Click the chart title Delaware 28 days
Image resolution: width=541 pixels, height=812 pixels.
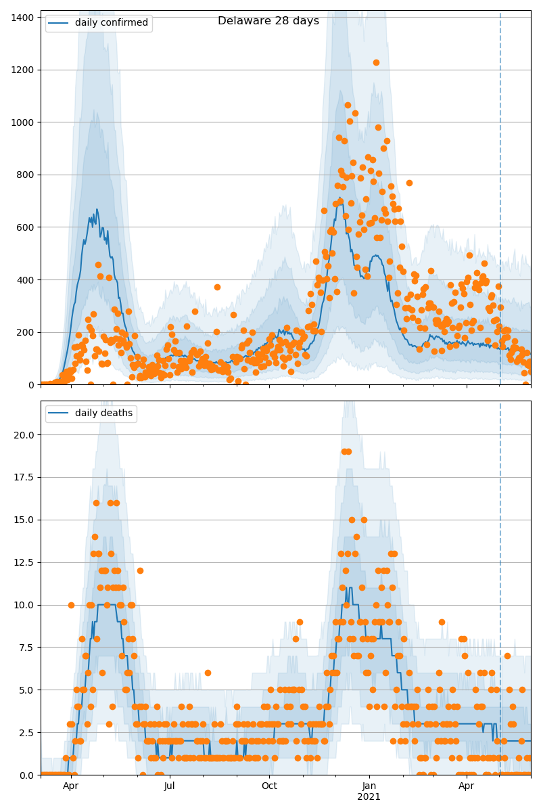(268, 21)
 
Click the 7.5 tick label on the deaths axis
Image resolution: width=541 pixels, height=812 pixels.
(27, 648)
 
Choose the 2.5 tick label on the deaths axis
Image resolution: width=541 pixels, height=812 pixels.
(27, 733)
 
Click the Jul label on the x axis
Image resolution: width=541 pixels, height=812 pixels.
(170, 786)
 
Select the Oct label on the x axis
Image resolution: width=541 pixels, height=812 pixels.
(269, 786)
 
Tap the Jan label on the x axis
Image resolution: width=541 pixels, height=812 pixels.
(369, 786)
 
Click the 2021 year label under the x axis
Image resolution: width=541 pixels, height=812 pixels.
(369, 797)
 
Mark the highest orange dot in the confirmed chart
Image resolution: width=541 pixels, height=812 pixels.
(376, 62)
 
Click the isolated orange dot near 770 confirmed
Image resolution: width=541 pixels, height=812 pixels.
(409, 183)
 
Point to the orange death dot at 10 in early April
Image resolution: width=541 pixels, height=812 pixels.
(71, 605)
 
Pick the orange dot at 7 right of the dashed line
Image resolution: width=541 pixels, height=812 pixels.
(507, 656)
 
